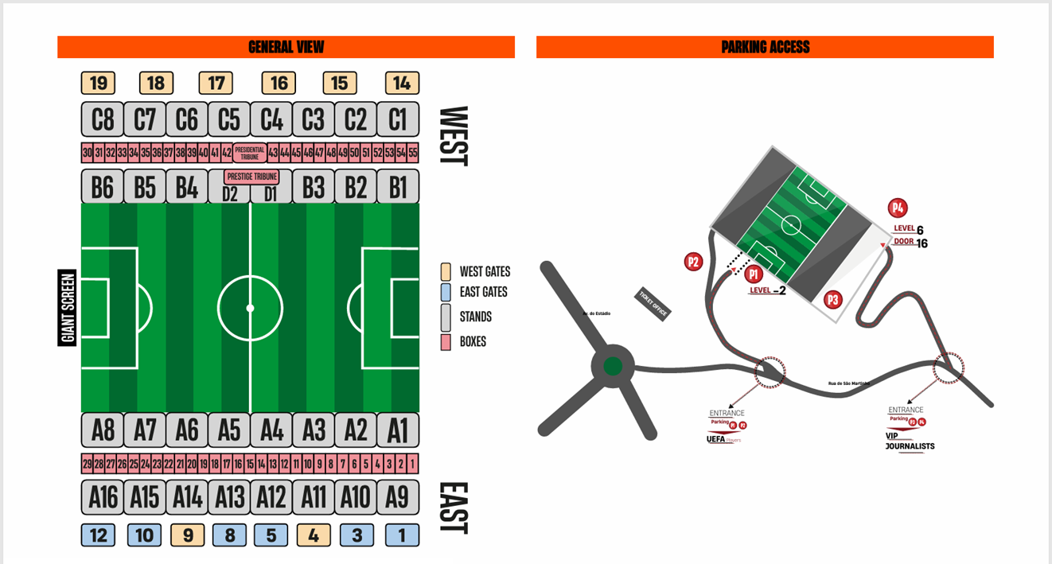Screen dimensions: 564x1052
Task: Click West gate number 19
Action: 98,84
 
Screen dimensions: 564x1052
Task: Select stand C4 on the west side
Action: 271,119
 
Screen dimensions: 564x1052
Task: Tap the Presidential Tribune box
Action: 249,153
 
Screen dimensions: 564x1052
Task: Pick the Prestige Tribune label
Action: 251,177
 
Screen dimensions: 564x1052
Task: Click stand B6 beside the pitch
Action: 103,187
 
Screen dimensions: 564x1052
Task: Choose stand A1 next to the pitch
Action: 397,430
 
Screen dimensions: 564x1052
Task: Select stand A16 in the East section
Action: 103,497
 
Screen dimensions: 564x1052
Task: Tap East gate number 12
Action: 98,535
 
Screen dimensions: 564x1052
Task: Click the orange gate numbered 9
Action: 188,535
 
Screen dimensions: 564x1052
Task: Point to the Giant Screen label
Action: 68,308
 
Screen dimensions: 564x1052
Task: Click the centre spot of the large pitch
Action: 250,308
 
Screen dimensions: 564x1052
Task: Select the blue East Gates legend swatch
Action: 446,292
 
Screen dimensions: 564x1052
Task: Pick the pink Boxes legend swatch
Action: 446,341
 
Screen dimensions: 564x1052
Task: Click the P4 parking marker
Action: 898,208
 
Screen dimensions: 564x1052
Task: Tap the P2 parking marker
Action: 693,261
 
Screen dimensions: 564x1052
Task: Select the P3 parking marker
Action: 832,300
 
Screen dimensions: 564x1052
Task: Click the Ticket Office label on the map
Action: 653,303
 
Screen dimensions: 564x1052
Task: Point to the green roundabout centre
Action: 612,367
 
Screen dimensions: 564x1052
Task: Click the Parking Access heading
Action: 765,47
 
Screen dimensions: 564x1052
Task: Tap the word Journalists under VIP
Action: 910,446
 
